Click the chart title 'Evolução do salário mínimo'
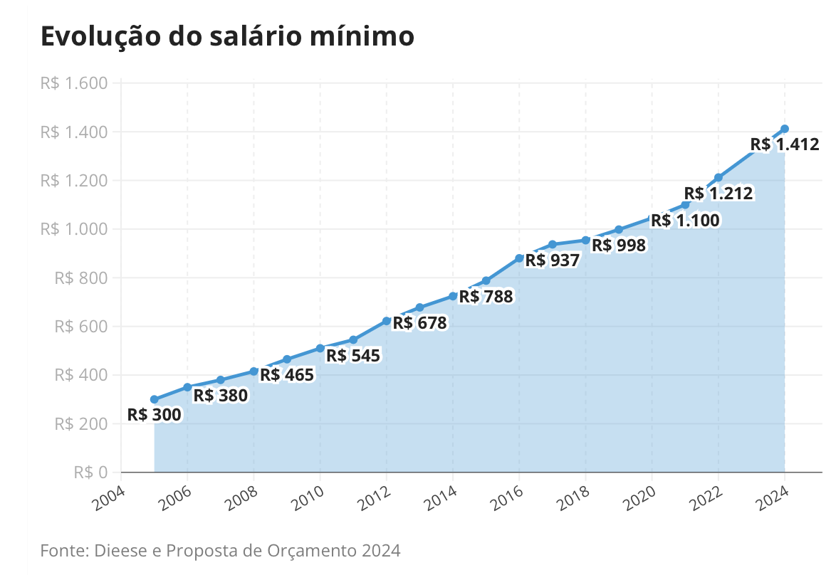(x=227, y=37)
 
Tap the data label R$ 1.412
(x=785, y=145)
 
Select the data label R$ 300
(x=155, y=415)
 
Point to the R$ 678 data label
(x=419, y=323)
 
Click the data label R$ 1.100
(x=685, y=221)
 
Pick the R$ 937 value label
(x=553, y=260)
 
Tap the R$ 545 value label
(x=353, y=355)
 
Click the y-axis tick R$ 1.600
(x=74, y=83)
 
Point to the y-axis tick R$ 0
(x=90, y=472)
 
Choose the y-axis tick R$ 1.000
(x=74, y=229)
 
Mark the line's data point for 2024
(x=785, y=129)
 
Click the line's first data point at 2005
(x=155, y=399)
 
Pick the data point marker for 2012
(x=387, y=321)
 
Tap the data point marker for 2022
(x=719, y=177)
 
